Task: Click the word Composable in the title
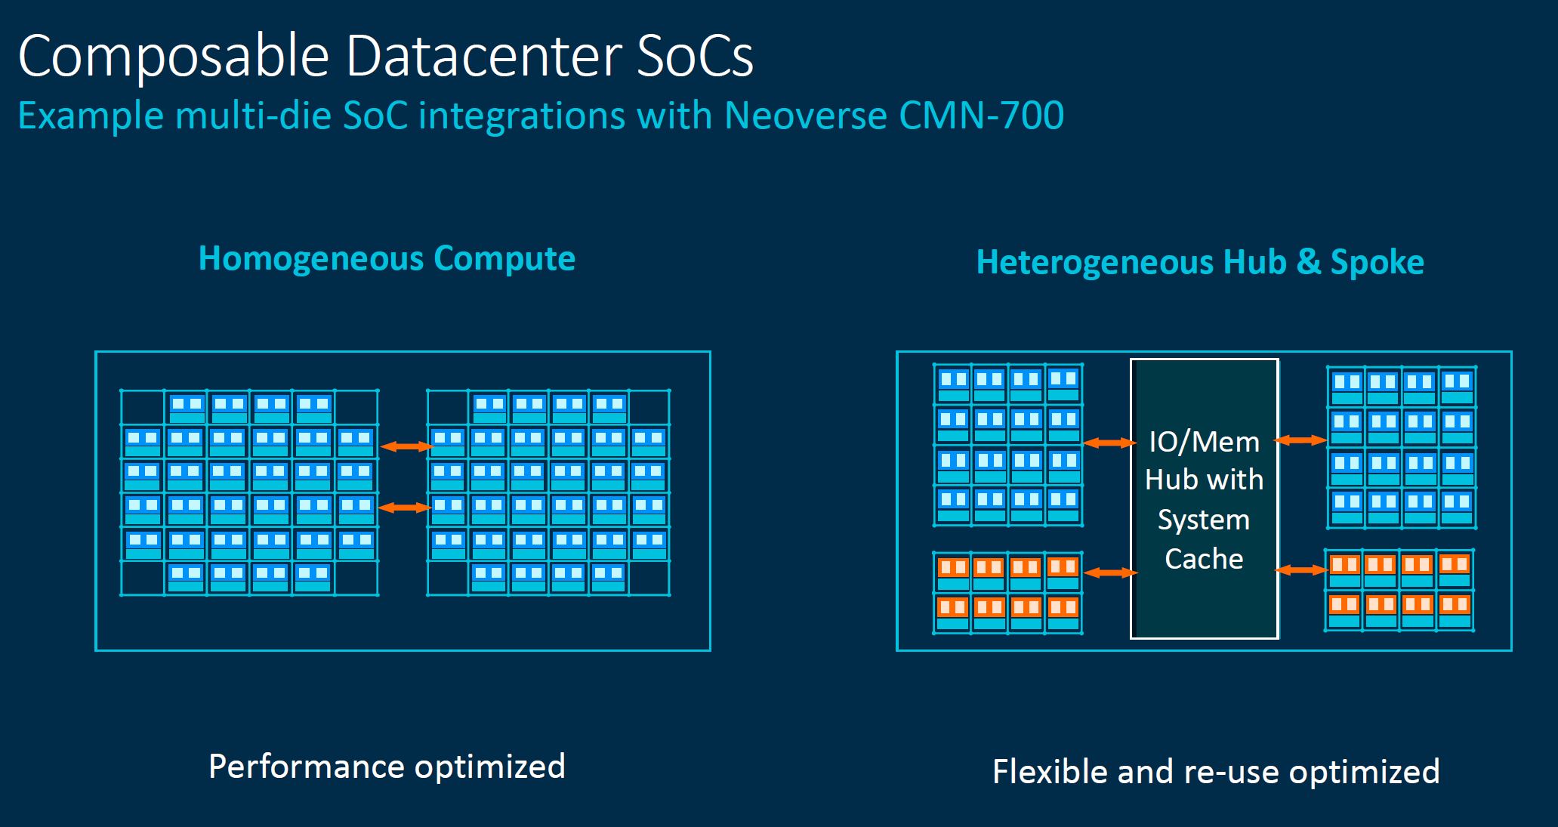[174, 57]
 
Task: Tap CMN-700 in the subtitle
[981, 116]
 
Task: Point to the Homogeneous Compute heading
[387, 258]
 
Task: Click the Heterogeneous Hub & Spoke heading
[1200, 262]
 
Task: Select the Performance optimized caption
[387, 767]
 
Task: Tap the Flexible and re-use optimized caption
[1216, 771]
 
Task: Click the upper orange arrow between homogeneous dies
[406, 447]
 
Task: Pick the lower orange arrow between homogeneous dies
[404, 508]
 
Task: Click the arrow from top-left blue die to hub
[1109, 443]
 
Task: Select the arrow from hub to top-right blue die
[1300, 440]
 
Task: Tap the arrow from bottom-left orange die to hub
[1110, 573]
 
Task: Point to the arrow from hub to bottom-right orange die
[1300, 570]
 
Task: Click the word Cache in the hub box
[1204, 559]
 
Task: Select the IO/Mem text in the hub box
[1204, 442]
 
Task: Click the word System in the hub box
[1204, 520]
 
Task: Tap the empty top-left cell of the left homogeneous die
[143, 407]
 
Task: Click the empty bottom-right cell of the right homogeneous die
[649, 578]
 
